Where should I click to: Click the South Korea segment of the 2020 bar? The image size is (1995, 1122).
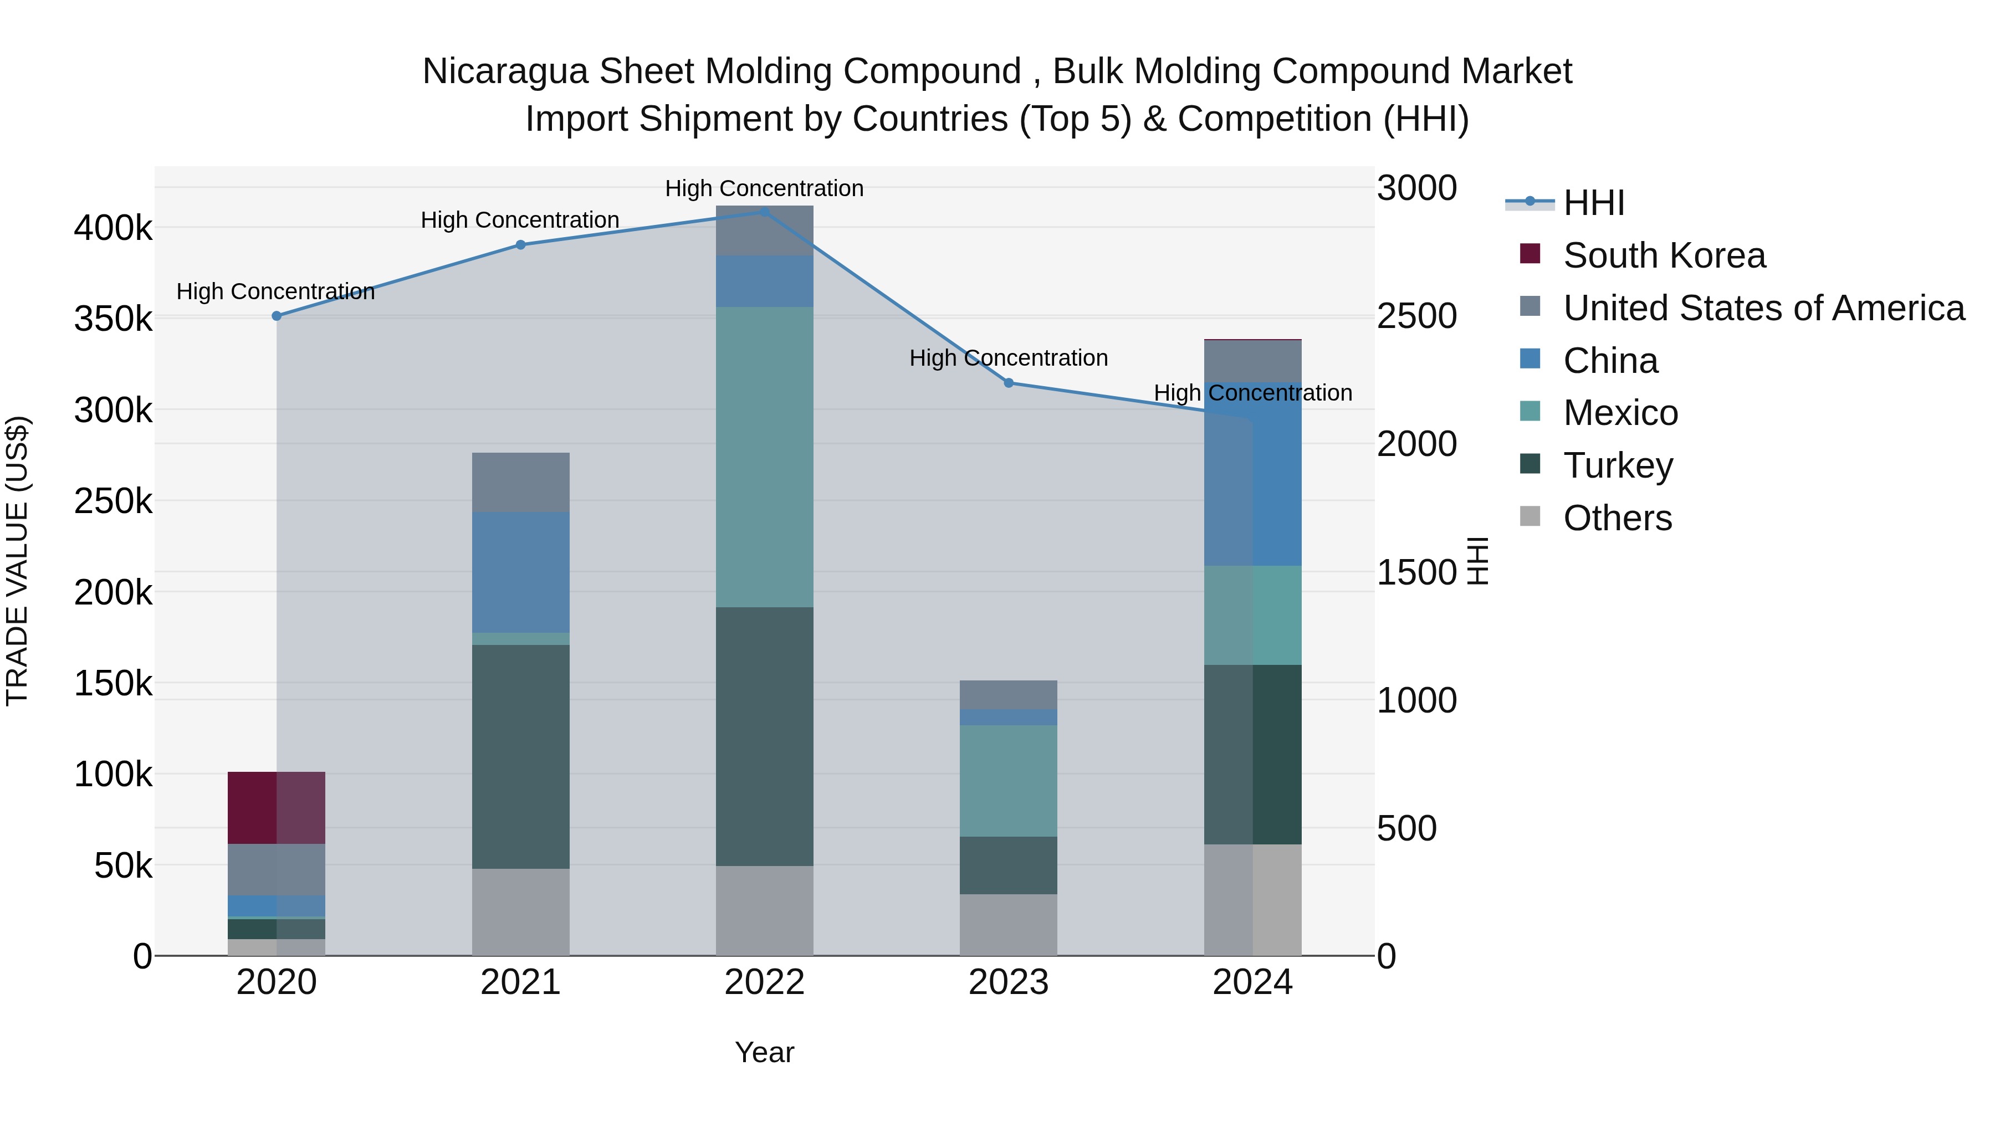click(276, 808)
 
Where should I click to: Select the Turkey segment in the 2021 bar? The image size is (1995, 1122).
click(520, 756)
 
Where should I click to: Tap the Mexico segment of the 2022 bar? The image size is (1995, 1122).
click(764, 457)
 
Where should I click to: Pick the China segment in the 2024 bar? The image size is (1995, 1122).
click(1252, 473)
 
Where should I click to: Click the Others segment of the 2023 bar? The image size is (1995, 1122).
click(1009, 925)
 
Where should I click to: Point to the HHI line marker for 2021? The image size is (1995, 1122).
click(520, 245)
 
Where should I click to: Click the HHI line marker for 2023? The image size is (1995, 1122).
click(1009, 382)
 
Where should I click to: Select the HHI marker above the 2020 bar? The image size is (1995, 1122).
click(277, 316)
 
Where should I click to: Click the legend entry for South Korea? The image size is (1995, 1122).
click(1664, 255)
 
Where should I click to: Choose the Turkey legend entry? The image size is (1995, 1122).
click(1618, 465)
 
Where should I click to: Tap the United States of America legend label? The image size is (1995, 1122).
click(1763, 308)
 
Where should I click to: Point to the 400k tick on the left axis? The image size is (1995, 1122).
click(113, 228)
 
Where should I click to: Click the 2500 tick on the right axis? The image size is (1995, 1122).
click(1416, 316)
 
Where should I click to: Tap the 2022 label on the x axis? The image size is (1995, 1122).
click(764, 982)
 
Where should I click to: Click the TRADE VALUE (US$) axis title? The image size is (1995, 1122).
click(17, 561)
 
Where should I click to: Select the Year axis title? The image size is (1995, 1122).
click(764, 1052)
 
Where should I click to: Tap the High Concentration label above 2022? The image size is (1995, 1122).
click(764, 188)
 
